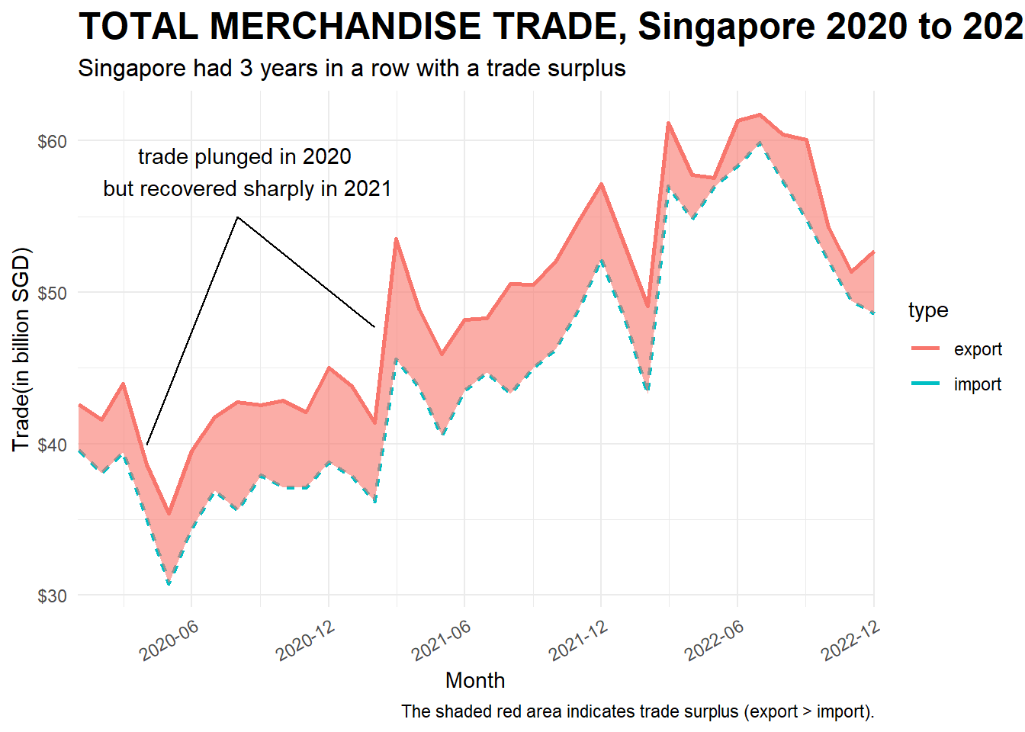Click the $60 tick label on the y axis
pos(52,142)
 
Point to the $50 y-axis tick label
pos(52,293)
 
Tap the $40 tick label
pos(52,445)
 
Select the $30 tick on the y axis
pos(52,596)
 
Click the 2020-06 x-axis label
pos(169,640)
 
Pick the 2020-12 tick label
pos(305,640)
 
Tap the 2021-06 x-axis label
pos(441,640)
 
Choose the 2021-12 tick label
pos(578,640)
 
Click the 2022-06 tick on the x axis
pos(714,640)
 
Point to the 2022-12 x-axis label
pos(850,640)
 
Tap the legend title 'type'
pos(928,310)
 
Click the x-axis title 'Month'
pos(475,680)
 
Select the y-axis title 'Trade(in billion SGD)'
pos(21,349)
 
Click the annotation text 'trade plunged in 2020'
pos(244,157)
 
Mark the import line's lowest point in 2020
pos(169,584)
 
